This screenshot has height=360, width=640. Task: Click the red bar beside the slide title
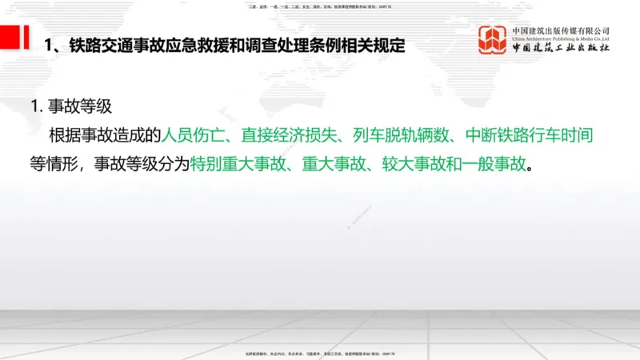point(10,37)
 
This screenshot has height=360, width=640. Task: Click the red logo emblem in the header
point(492,42)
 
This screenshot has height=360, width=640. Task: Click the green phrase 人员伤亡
point(194,135)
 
